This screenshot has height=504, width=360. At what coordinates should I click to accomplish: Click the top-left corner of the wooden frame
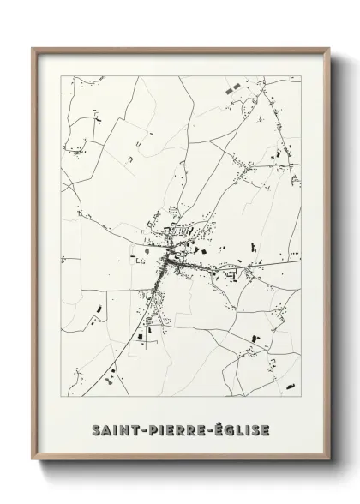pos(33,48)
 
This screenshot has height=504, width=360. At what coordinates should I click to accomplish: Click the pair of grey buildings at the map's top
pos(228,88)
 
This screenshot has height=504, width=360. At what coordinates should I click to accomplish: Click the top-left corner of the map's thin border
pos(62,76)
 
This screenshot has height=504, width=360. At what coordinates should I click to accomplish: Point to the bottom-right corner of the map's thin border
pos(301,396)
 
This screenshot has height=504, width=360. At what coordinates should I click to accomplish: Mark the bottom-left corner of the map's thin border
pos(62,396)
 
